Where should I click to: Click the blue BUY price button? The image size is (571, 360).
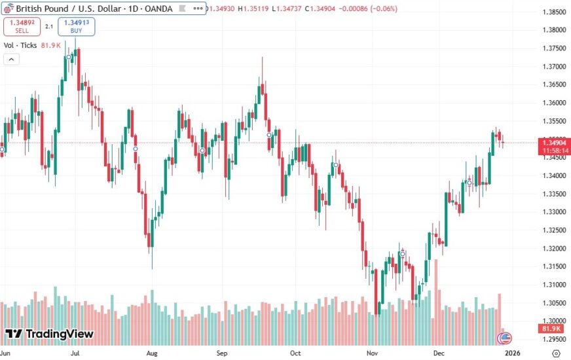76,27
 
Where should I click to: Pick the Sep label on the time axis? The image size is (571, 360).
222,353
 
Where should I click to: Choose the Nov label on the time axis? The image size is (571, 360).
372,353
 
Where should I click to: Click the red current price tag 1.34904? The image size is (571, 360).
553,142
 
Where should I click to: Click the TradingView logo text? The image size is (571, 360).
59,334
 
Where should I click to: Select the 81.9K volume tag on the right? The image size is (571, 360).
553,328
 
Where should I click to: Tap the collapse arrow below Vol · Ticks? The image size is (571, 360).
10,59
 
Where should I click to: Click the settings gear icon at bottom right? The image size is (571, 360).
555,353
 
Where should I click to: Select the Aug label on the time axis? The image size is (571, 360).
152,353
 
